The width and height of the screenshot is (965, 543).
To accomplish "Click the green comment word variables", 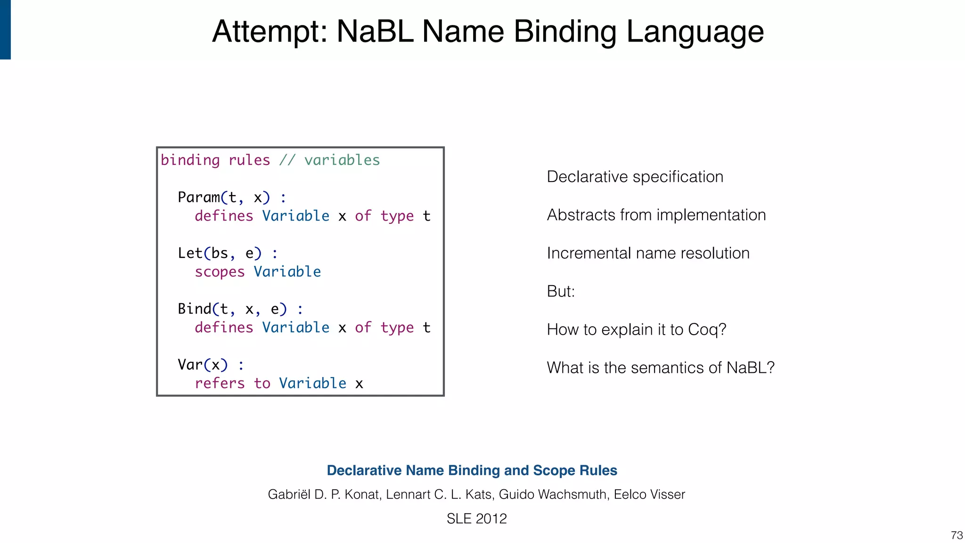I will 342,160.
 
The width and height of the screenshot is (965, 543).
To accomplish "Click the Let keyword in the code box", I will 190,253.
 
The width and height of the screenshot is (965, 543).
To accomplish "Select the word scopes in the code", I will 220,272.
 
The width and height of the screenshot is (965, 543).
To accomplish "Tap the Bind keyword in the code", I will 194,309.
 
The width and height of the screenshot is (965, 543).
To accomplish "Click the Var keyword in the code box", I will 190,364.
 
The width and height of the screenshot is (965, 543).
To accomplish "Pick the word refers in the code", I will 220,383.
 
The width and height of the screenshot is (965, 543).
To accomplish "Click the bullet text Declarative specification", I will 635,177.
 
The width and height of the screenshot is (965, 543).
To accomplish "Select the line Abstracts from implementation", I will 656,215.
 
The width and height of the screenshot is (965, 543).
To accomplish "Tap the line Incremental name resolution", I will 648,253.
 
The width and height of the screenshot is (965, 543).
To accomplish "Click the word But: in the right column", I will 561,291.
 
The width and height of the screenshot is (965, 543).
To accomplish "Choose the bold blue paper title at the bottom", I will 472,470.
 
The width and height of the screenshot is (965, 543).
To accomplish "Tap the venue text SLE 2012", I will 476,518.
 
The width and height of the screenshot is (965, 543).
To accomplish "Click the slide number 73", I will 957,535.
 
